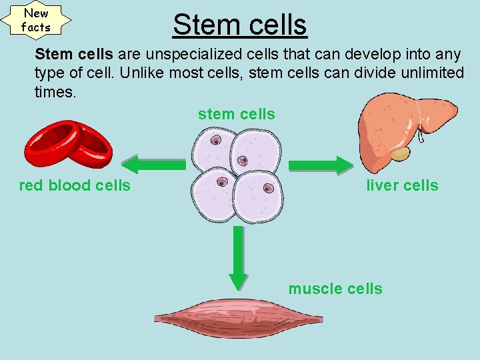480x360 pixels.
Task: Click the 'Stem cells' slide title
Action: click(x=239, y=25)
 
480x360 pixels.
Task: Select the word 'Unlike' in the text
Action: click(x=141, y=73)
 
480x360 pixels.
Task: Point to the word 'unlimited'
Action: click(x=426, y=73)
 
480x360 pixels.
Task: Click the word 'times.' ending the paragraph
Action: click(x=55, y=92)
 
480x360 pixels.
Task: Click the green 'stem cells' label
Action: click(x=236, y=114)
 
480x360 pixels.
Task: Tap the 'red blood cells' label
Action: click(x=75, y=185)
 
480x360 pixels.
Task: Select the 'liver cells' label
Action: click(x=402, y=185)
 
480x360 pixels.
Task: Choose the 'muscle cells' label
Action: click(x=335, y=289)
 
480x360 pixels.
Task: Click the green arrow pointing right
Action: click(x=321, y=165)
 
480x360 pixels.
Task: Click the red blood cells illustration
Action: click(x=69, y=143)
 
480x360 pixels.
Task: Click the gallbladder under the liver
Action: click(x=400, y=154)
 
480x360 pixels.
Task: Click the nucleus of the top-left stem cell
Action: click(x=216, y=141)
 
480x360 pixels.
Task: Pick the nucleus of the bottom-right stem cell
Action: click(x=268, y=189)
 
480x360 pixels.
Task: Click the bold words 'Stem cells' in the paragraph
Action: click(x=74, y=53)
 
